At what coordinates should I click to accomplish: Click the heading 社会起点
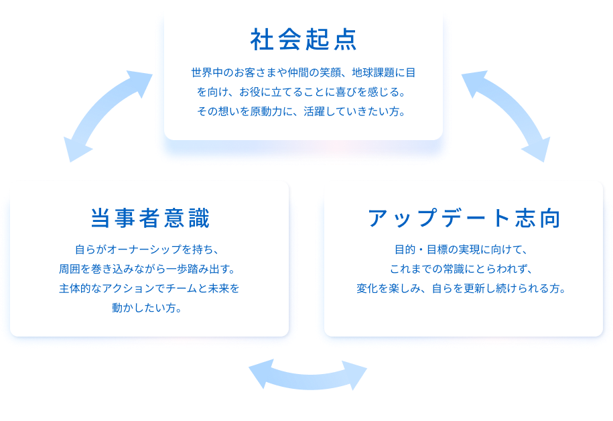[303, 40]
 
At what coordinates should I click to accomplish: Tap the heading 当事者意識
[150, 219]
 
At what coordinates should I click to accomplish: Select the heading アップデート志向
[464, 219]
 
